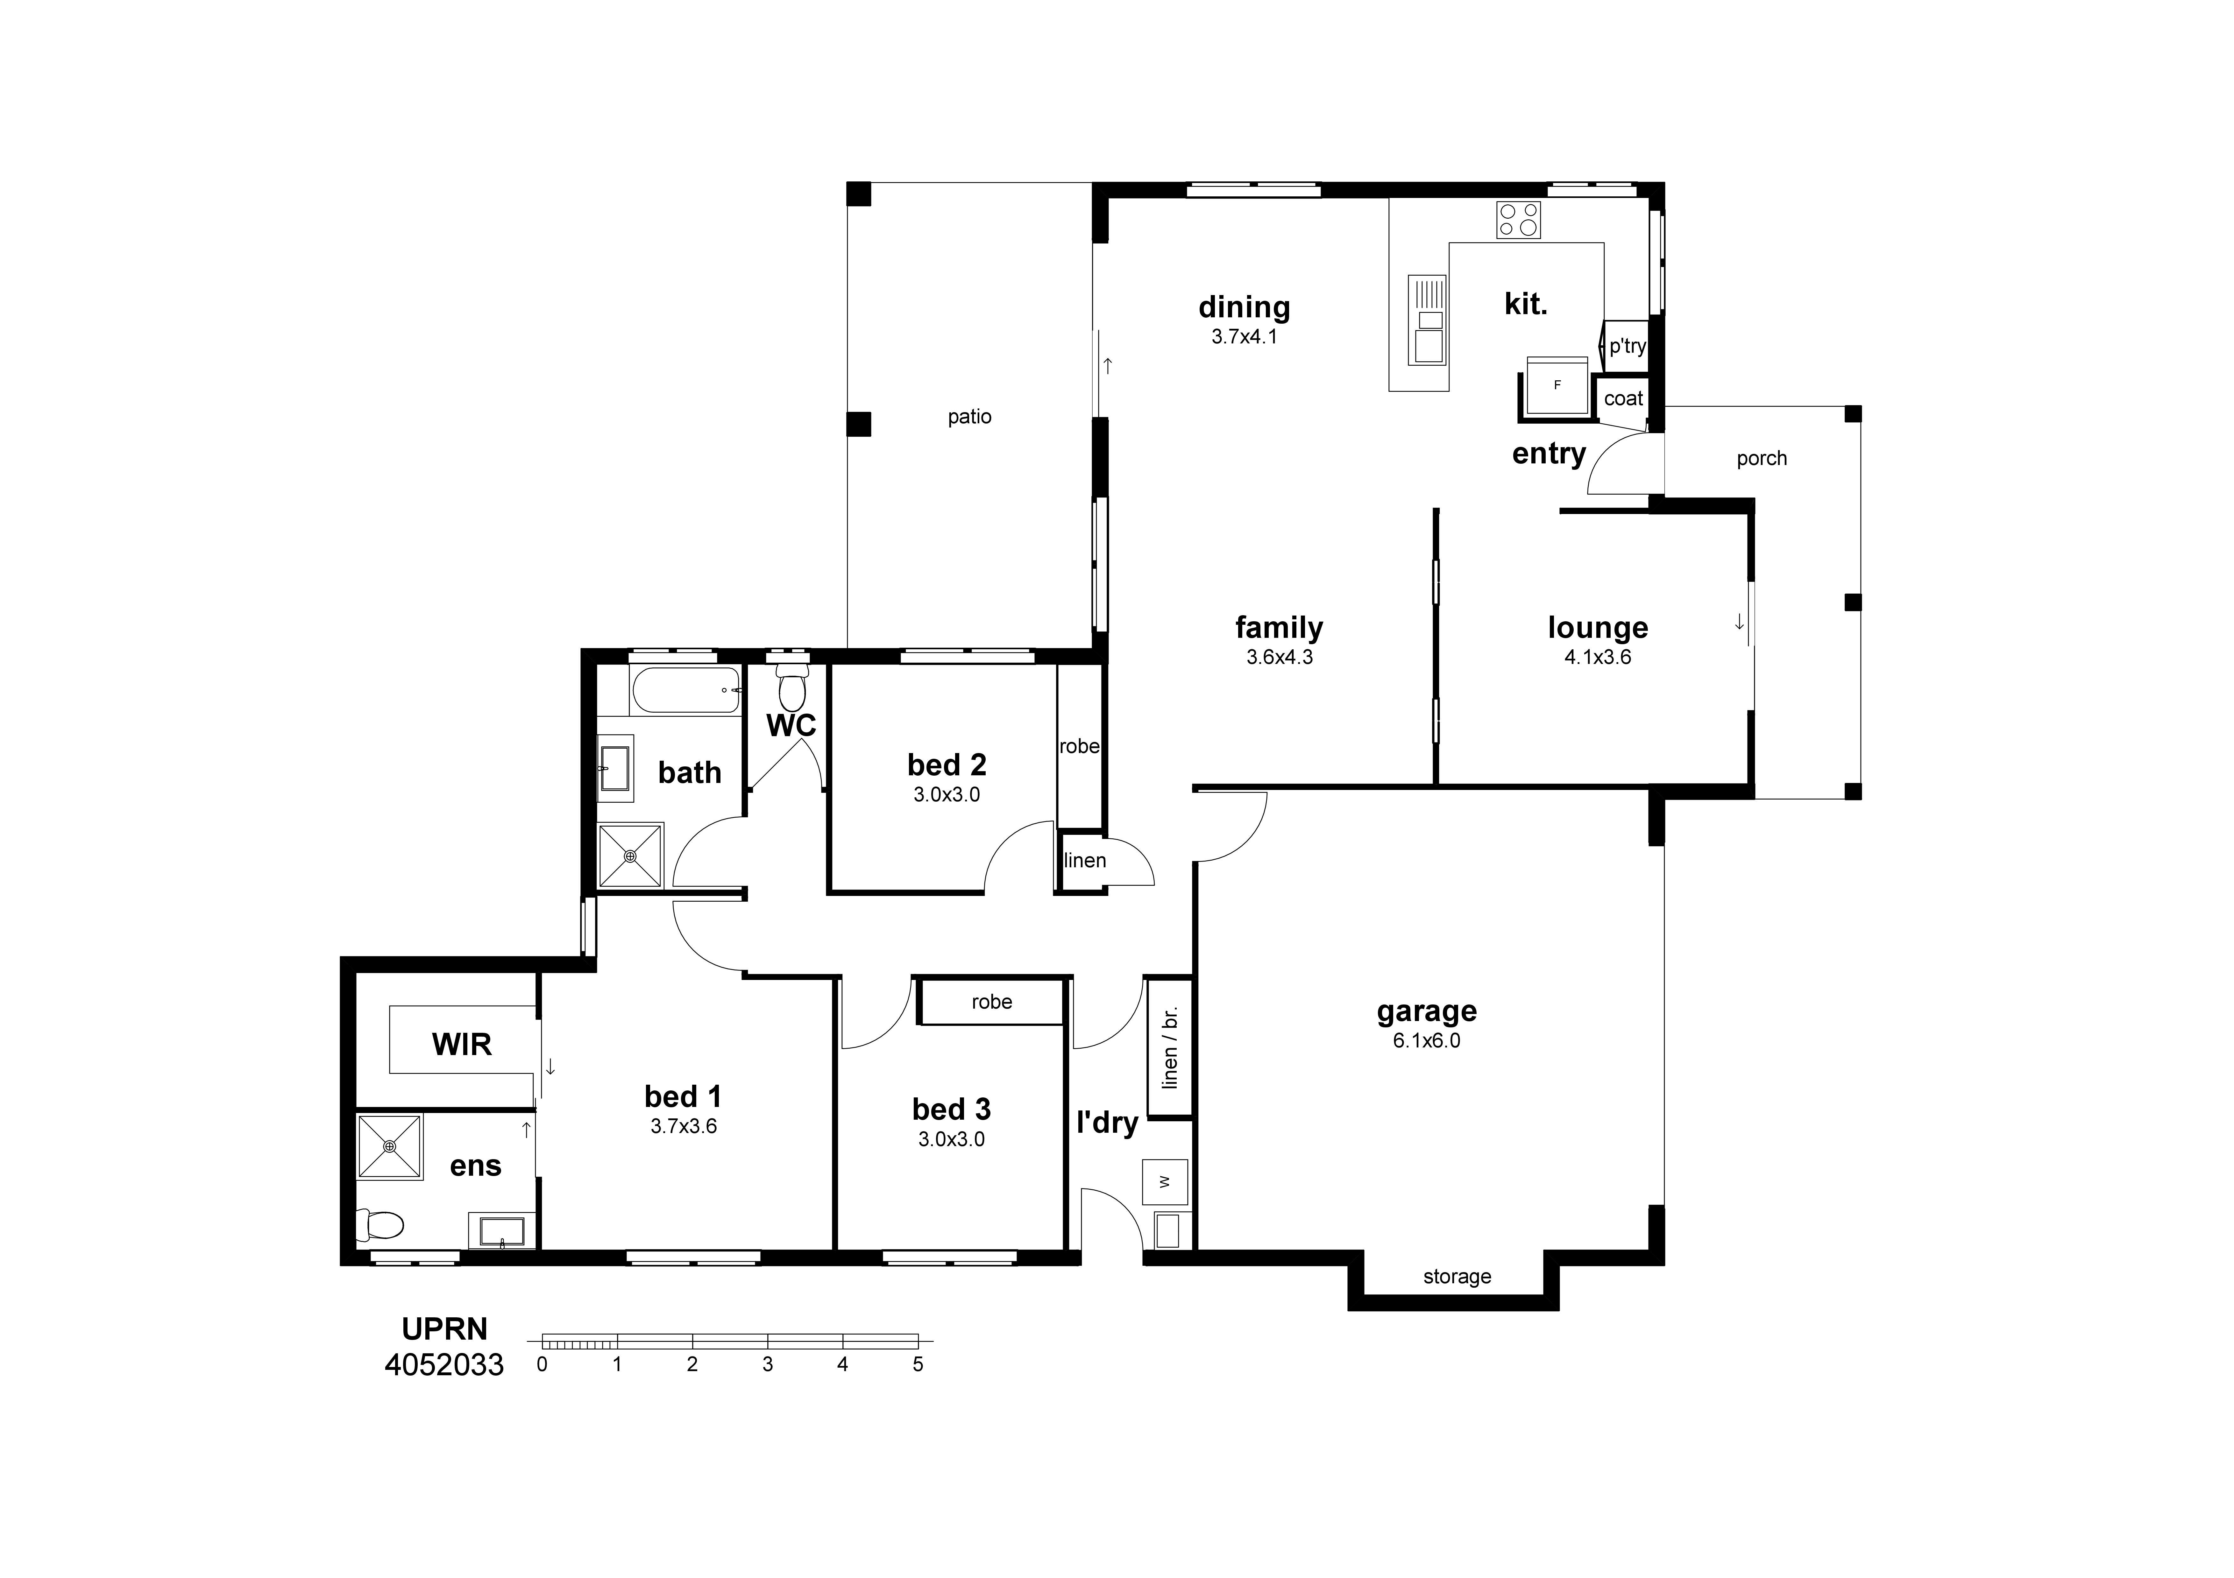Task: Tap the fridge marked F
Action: click(1557, 386)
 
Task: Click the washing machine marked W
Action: click(1165, 1182)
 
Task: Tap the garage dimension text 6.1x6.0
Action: click(1426, 1041)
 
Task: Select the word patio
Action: click(969, 417)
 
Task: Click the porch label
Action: click(1761, 458)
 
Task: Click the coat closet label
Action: click(1623, 399)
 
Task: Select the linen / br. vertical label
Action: click(1170, 1047)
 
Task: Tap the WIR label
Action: click(461, 1045)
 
